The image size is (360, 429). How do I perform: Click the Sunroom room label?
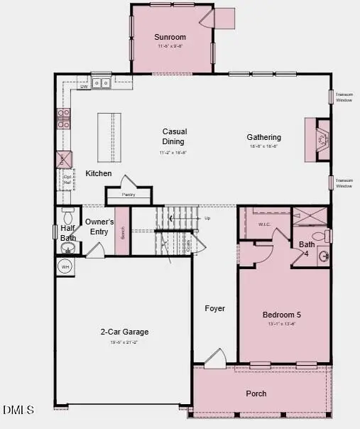tap(170, 37)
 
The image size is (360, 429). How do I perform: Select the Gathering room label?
tap(263, 137)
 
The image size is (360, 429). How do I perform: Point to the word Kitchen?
tap(98, 173)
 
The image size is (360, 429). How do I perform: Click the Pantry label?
tap(128, 193)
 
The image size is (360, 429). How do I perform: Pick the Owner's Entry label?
tap(99, 226)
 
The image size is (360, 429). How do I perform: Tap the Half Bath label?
tap(67, 233)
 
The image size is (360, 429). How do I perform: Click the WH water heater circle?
tap(65, 266)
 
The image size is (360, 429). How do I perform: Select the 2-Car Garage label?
tap(124, 332)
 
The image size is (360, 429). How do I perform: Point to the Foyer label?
tap(214, 308)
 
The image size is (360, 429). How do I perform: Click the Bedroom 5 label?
tap(283, 315)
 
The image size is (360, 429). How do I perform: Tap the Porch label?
tap(256, 393)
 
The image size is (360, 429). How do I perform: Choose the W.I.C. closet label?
tap(264, 225)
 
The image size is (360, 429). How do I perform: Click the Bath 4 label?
tap(306, 248)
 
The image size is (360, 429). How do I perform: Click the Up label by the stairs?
tap(207, 218)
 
